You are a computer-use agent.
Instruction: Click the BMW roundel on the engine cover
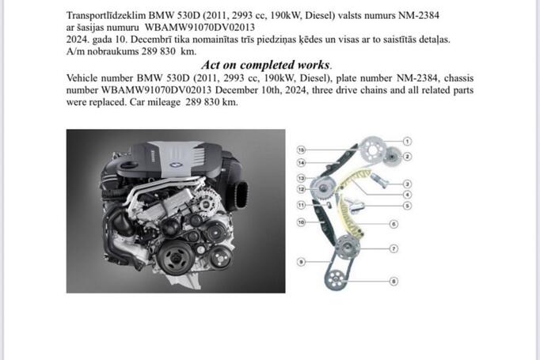[176, 165]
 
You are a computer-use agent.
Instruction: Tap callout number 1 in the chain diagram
[407, 141]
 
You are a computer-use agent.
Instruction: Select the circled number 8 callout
[394, 281]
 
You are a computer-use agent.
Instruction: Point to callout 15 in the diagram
[301, 150]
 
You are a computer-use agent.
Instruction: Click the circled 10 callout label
[301, 222]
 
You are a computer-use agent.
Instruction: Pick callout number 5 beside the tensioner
[407, 206]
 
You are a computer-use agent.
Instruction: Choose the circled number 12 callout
[301, 189]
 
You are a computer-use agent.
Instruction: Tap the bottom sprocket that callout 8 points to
[334, 279]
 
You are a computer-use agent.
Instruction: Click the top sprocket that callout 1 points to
[371, 150]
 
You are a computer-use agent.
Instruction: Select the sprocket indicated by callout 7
[347, 247]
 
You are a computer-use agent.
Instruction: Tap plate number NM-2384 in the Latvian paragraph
[418, 16]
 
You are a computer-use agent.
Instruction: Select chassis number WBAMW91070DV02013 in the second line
[200, 28]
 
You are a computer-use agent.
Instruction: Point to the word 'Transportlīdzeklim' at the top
[106, 16]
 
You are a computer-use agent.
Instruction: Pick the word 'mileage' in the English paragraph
[164, 102]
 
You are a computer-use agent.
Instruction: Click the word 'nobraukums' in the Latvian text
[113, 51]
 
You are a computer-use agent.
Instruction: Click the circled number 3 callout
[407, 184]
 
